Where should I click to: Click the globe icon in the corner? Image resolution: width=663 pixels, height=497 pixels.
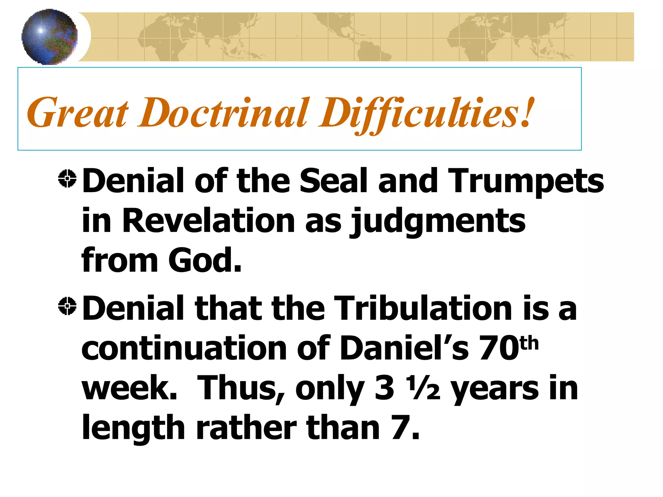tap(50, 37)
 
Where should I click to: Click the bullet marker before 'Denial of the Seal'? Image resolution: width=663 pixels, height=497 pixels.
tap(67, 179)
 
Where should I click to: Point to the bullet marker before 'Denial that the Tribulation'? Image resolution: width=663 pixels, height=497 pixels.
tap(67, 306)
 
